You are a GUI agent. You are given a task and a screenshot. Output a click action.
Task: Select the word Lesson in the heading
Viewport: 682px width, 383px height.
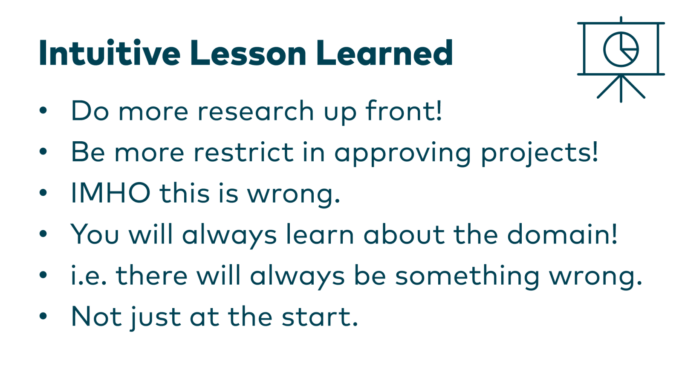click(x=248, y=53)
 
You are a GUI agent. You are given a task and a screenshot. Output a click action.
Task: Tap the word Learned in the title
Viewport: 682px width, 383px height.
click(x=384, y=53)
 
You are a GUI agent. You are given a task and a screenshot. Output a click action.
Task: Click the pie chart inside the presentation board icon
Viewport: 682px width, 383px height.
click(x=621, y=49)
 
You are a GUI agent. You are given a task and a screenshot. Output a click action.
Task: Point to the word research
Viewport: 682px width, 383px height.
click(x=256, y=111)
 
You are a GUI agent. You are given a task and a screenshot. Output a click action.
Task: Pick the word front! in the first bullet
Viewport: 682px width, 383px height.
click(x=404, y=111)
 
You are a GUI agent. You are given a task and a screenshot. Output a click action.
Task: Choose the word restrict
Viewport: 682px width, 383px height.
click(x=243, y=152)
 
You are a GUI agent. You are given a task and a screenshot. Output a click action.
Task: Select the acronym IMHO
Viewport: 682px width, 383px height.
click(x=110, y=193)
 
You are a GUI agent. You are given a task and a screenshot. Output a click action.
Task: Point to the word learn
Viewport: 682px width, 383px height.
click(x=320, y=234)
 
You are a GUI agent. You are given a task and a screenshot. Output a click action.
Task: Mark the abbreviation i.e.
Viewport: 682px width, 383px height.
click(x=89, y=275)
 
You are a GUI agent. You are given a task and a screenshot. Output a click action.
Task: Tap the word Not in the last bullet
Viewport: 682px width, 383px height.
click(x=96, y=317)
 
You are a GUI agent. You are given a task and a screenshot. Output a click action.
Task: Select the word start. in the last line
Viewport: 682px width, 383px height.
click(x=320, y=317)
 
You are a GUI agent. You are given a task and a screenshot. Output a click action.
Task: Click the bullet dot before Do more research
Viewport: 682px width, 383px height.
click(x=43, y=111)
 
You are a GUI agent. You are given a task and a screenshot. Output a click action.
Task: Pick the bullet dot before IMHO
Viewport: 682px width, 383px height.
click(x=43, y=193)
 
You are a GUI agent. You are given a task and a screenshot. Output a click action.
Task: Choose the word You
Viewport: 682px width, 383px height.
click(x=95, y=234)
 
